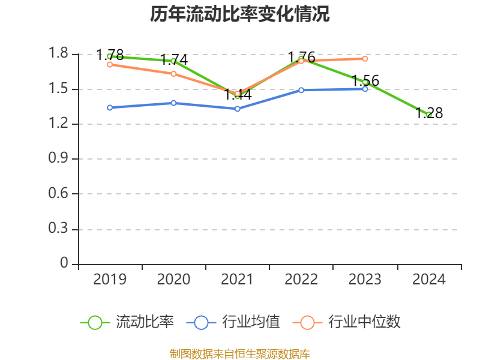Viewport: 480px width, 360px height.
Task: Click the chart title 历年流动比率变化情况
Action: pos(239,14)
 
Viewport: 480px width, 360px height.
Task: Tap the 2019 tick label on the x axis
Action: pos(110,279)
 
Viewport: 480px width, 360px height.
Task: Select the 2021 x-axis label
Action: pos(238,279)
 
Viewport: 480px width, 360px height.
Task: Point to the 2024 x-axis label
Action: pos(429,279)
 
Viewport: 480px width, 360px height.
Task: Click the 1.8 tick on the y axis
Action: pos(59,55)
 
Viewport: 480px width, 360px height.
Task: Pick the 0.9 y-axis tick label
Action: pos(59,159)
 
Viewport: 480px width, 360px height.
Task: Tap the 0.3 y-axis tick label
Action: pos(59,229)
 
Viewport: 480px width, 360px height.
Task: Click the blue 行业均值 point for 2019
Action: pos(110,107)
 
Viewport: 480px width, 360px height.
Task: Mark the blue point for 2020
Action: pos(173,103)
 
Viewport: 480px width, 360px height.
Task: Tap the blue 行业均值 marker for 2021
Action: pos(238,109)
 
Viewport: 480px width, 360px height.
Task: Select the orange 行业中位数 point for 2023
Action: pos(365,58)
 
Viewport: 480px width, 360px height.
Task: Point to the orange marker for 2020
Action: pos(173,74)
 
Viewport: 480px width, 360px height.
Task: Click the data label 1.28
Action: pos(429,113)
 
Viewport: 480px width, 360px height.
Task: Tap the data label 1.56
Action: pos(365,80)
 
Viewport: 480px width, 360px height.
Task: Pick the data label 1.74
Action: pos(173,60)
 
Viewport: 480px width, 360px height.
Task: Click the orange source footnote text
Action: pos(239,353)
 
